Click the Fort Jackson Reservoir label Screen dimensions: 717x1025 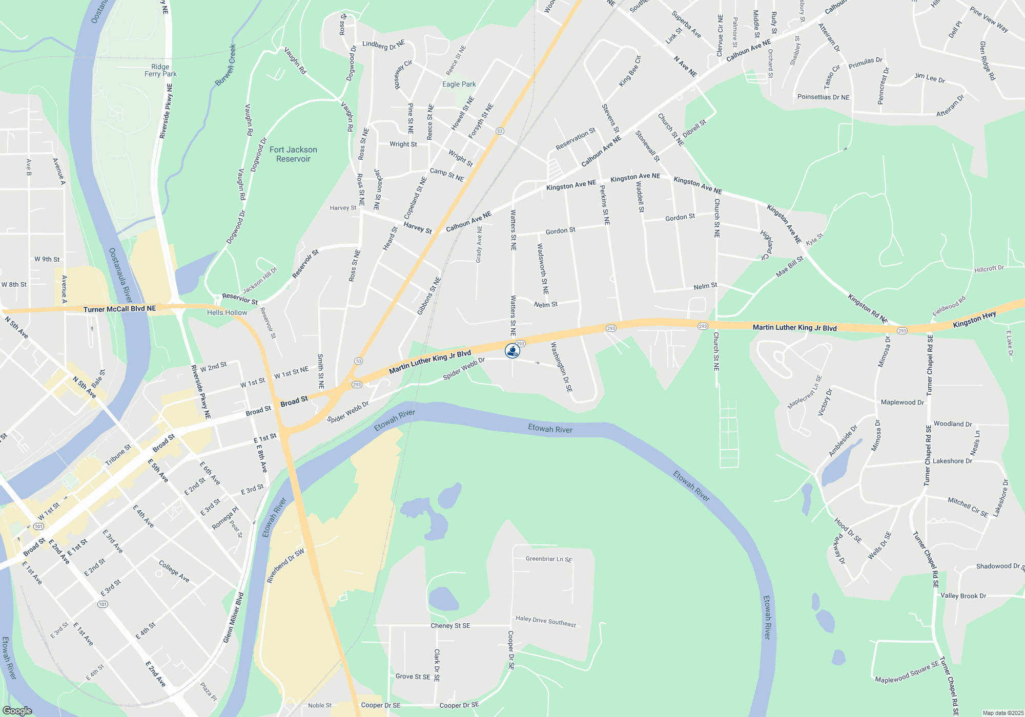tap(293, 154)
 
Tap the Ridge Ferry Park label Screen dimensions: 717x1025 tap(160, 70)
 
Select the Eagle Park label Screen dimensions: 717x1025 tap(459, 84)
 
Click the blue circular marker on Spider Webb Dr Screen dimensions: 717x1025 tap(512, 351)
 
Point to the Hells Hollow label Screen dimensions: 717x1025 tap(227, 312)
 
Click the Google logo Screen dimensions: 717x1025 tap(17, 711)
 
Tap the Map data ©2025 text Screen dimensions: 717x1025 tap(1002, 713)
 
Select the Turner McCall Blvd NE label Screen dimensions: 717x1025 tap(119, 309)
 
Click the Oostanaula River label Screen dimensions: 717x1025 tap(120, 275)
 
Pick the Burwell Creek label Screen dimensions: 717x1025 tap(225, 65)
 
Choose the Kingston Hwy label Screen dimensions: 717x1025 tap(974, 320)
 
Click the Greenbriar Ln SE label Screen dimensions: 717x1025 tap(548, 559)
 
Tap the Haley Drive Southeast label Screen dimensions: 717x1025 tap(545, 621)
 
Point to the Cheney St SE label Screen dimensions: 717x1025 tap(450, 625)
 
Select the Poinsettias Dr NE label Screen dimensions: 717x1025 tap(823, 97)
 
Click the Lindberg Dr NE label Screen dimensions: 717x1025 tap(383, 45)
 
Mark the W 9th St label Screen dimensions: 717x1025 tap(47, 259)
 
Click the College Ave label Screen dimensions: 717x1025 tap(174, 572)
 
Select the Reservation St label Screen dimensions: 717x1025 tap(576, 139)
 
